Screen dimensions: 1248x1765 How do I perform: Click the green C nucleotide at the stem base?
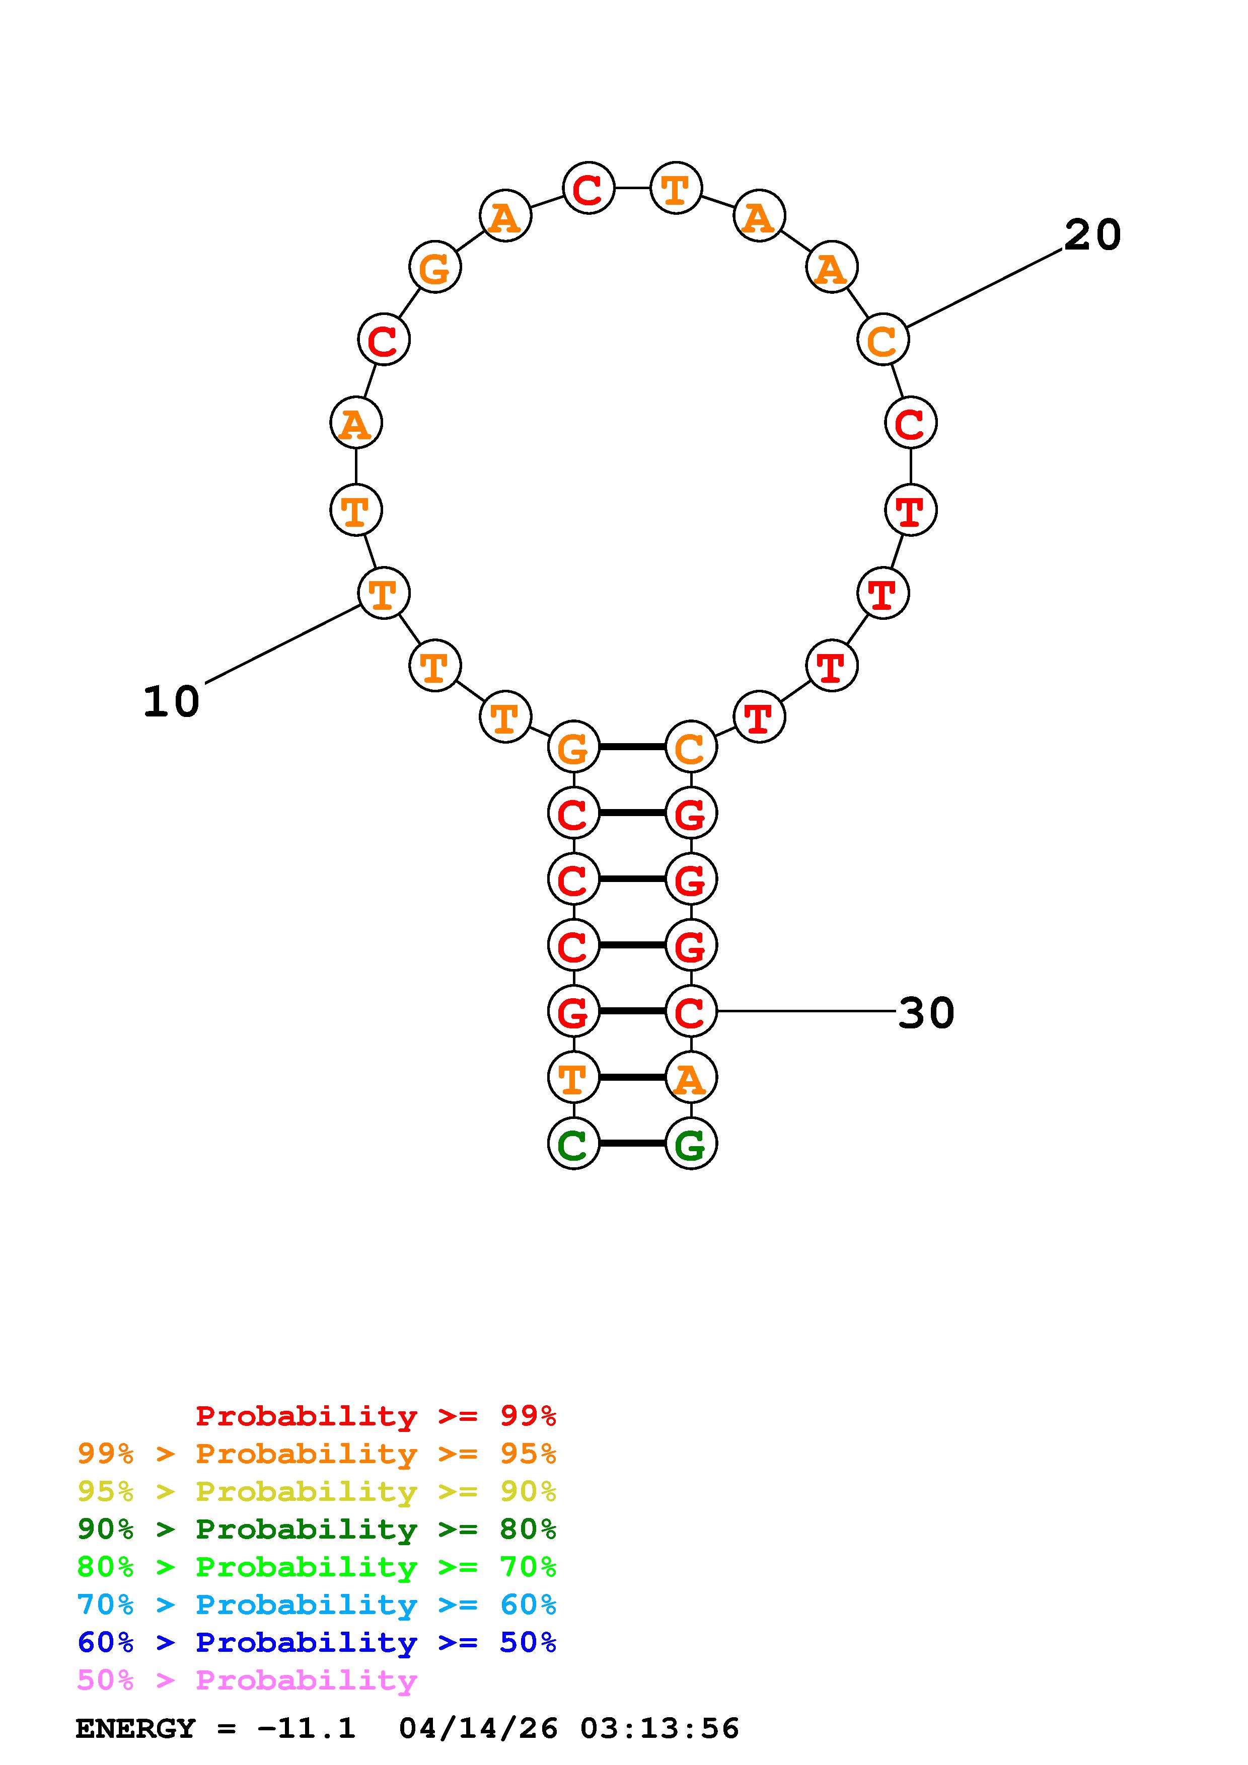pos(573,1143)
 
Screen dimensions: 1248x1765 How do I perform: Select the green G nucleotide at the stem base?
pos(691,1143)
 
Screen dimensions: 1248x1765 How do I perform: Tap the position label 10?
pos(172,702)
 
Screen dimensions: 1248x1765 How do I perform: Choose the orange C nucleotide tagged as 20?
pos(883,339)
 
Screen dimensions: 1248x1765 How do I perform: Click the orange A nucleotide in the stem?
pos(691,1077)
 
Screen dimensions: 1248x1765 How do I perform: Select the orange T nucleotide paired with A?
pos(573,1077)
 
